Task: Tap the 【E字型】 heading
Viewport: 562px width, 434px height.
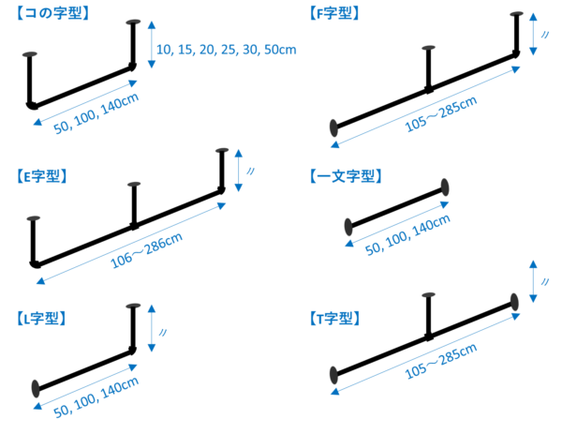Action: (x=43, y=175)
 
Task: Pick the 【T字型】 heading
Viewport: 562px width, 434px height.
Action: (x=333, y=319)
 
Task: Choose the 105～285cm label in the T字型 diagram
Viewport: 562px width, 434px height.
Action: (x=440, y=360)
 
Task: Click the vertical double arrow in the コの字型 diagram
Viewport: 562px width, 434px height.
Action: (x=151, y=44)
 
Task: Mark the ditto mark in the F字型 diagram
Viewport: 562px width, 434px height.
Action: (x=544, y=36)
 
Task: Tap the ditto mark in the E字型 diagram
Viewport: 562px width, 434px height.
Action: (x=250, y=171)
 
